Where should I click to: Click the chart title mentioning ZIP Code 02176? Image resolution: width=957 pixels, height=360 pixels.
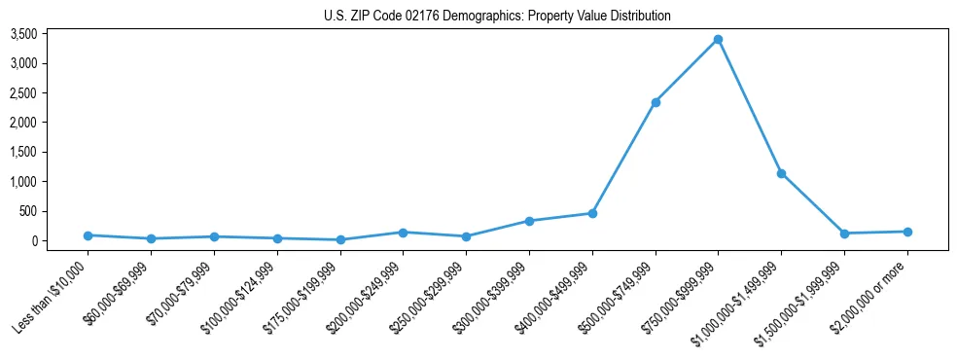coord(497,16)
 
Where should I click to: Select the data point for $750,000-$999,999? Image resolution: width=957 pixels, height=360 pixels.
coord(718,39)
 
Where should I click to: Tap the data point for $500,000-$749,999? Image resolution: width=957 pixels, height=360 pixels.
coord(656,102)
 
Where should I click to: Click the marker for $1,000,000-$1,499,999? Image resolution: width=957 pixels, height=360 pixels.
coord(781,173)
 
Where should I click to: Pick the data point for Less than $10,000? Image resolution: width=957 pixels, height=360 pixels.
coord(88,235)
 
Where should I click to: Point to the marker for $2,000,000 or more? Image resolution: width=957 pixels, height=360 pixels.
coord(907,232)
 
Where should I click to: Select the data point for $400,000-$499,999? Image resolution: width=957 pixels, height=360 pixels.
coord(592,213)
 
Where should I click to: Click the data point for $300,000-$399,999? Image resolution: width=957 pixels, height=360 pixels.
coord(529,221)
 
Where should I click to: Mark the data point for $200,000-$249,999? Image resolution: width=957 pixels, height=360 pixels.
coord(403,233)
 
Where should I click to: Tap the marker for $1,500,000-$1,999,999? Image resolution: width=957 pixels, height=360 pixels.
coord(844,234)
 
